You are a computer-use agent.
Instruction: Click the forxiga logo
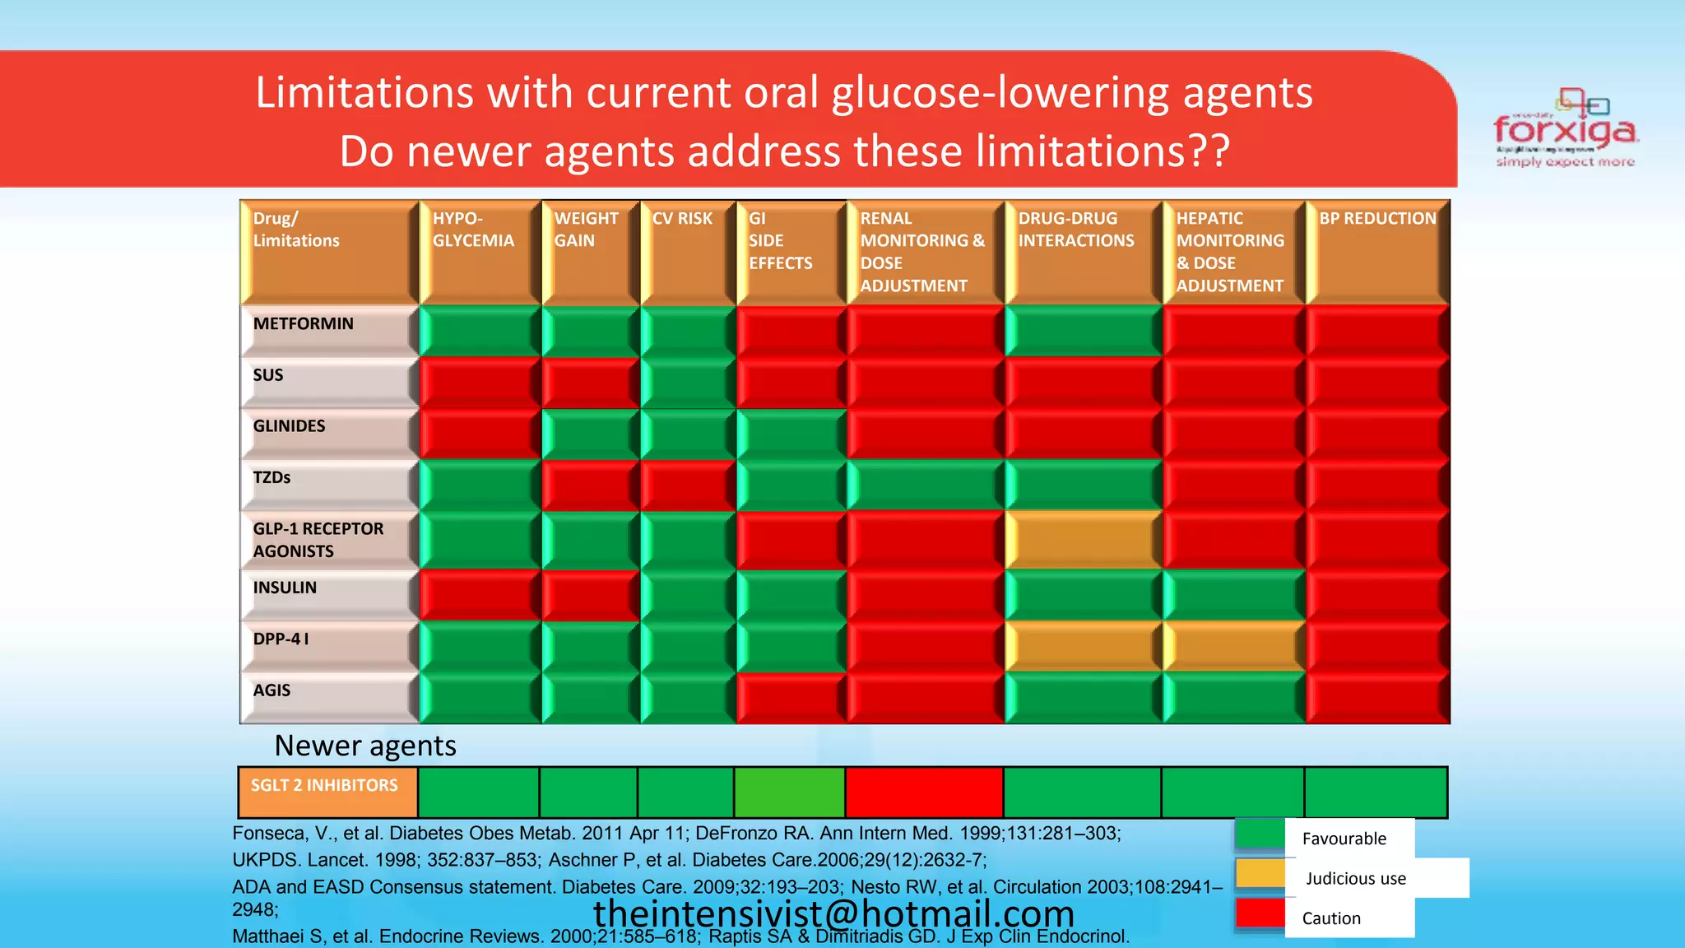[1565, 129]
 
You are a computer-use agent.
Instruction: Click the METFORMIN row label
[304, 324]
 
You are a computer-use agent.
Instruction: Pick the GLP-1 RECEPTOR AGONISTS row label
[318, 540]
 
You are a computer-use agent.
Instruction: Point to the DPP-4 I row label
[281, 639]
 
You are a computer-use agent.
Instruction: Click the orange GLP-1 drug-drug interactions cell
[1083, 540]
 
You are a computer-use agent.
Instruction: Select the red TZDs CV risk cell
[688, 486]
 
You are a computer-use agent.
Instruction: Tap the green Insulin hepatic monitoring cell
[1233, 595]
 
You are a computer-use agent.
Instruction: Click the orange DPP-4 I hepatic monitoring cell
[1233, 647]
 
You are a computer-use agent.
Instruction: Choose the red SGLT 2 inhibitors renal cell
[924, 792]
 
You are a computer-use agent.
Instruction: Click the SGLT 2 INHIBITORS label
[324, 786]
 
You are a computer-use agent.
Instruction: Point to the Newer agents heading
[365, 746]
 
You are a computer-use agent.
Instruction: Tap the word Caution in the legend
[1331, 918]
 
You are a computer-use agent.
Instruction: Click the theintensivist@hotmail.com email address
[833, 913]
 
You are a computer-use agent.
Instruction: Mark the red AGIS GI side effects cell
[791, 698]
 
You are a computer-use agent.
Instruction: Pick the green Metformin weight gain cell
[590, 331]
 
